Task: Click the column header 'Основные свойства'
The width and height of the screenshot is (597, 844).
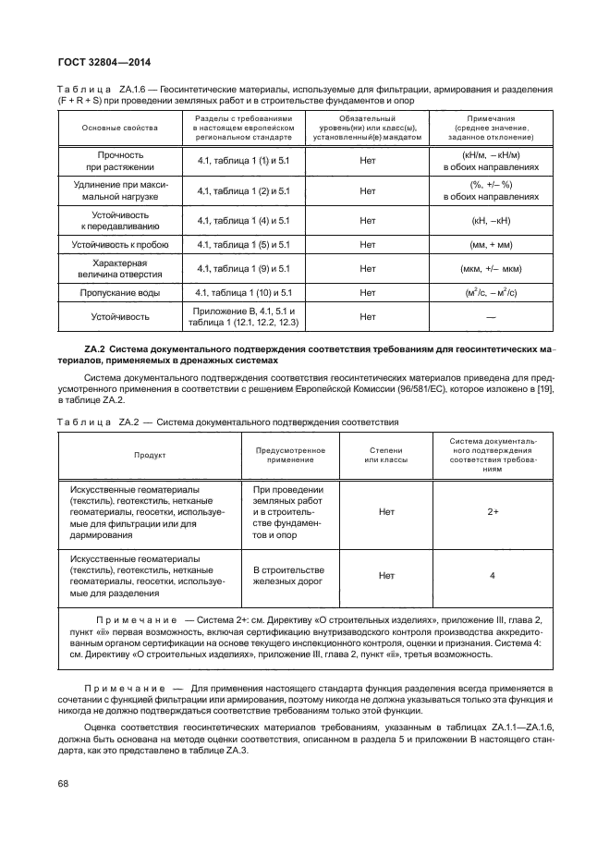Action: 119,127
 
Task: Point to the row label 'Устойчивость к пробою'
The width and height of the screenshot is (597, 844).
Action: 119,244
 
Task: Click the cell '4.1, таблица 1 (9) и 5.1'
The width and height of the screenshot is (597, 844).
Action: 243,269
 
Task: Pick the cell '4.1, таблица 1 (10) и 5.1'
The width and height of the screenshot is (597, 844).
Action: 243,292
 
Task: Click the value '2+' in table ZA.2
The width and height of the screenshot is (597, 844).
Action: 493,509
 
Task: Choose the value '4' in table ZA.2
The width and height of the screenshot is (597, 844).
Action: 493,575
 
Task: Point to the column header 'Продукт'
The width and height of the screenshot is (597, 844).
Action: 149,455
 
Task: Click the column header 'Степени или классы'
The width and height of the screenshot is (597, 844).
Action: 379,455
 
